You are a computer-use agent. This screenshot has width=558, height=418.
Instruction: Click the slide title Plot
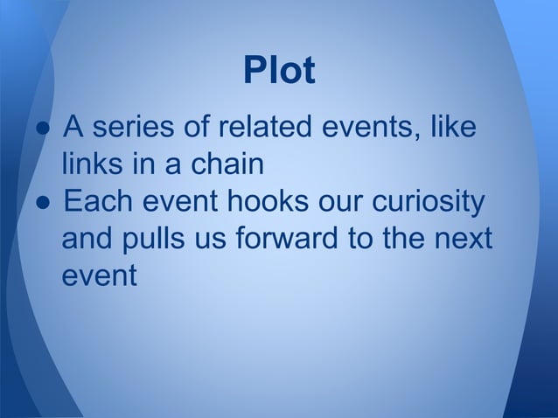[278, 72]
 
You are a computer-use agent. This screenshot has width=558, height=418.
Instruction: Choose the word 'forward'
[297, 238]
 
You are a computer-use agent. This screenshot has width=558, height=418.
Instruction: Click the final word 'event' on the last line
[99, 275]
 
